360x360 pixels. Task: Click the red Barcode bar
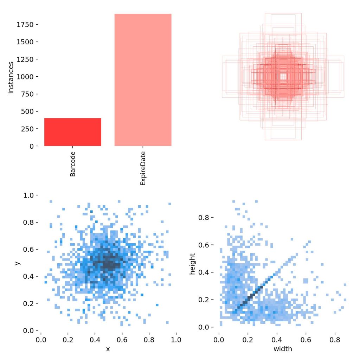tap(73, 132)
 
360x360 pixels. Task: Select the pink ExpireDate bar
tap(143, 80)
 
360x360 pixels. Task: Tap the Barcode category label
tap(73, 164)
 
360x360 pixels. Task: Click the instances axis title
tap(11, 77)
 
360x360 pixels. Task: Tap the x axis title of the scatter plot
tap(108, 349)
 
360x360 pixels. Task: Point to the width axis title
tap(283, 349)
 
